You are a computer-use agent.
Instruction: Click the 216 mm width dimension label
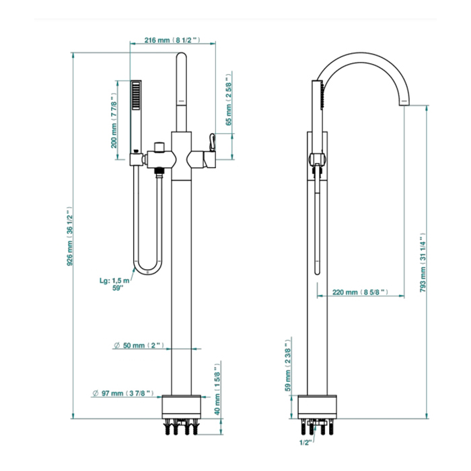pyautogui.click(x=172, y=40)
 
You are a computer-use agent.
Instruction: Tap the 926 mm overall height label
pyautogui.click(x=71, y=238)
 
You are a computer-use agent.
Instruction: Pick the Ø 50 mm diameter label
pyautogui.click(x=139, y=346)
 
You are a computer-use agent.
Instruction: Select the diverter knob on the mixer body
pyautogui.click(x=159, y=146)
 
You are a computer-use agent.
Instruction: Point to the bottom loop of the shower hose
pyautogui.click(x=147, y=269)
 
